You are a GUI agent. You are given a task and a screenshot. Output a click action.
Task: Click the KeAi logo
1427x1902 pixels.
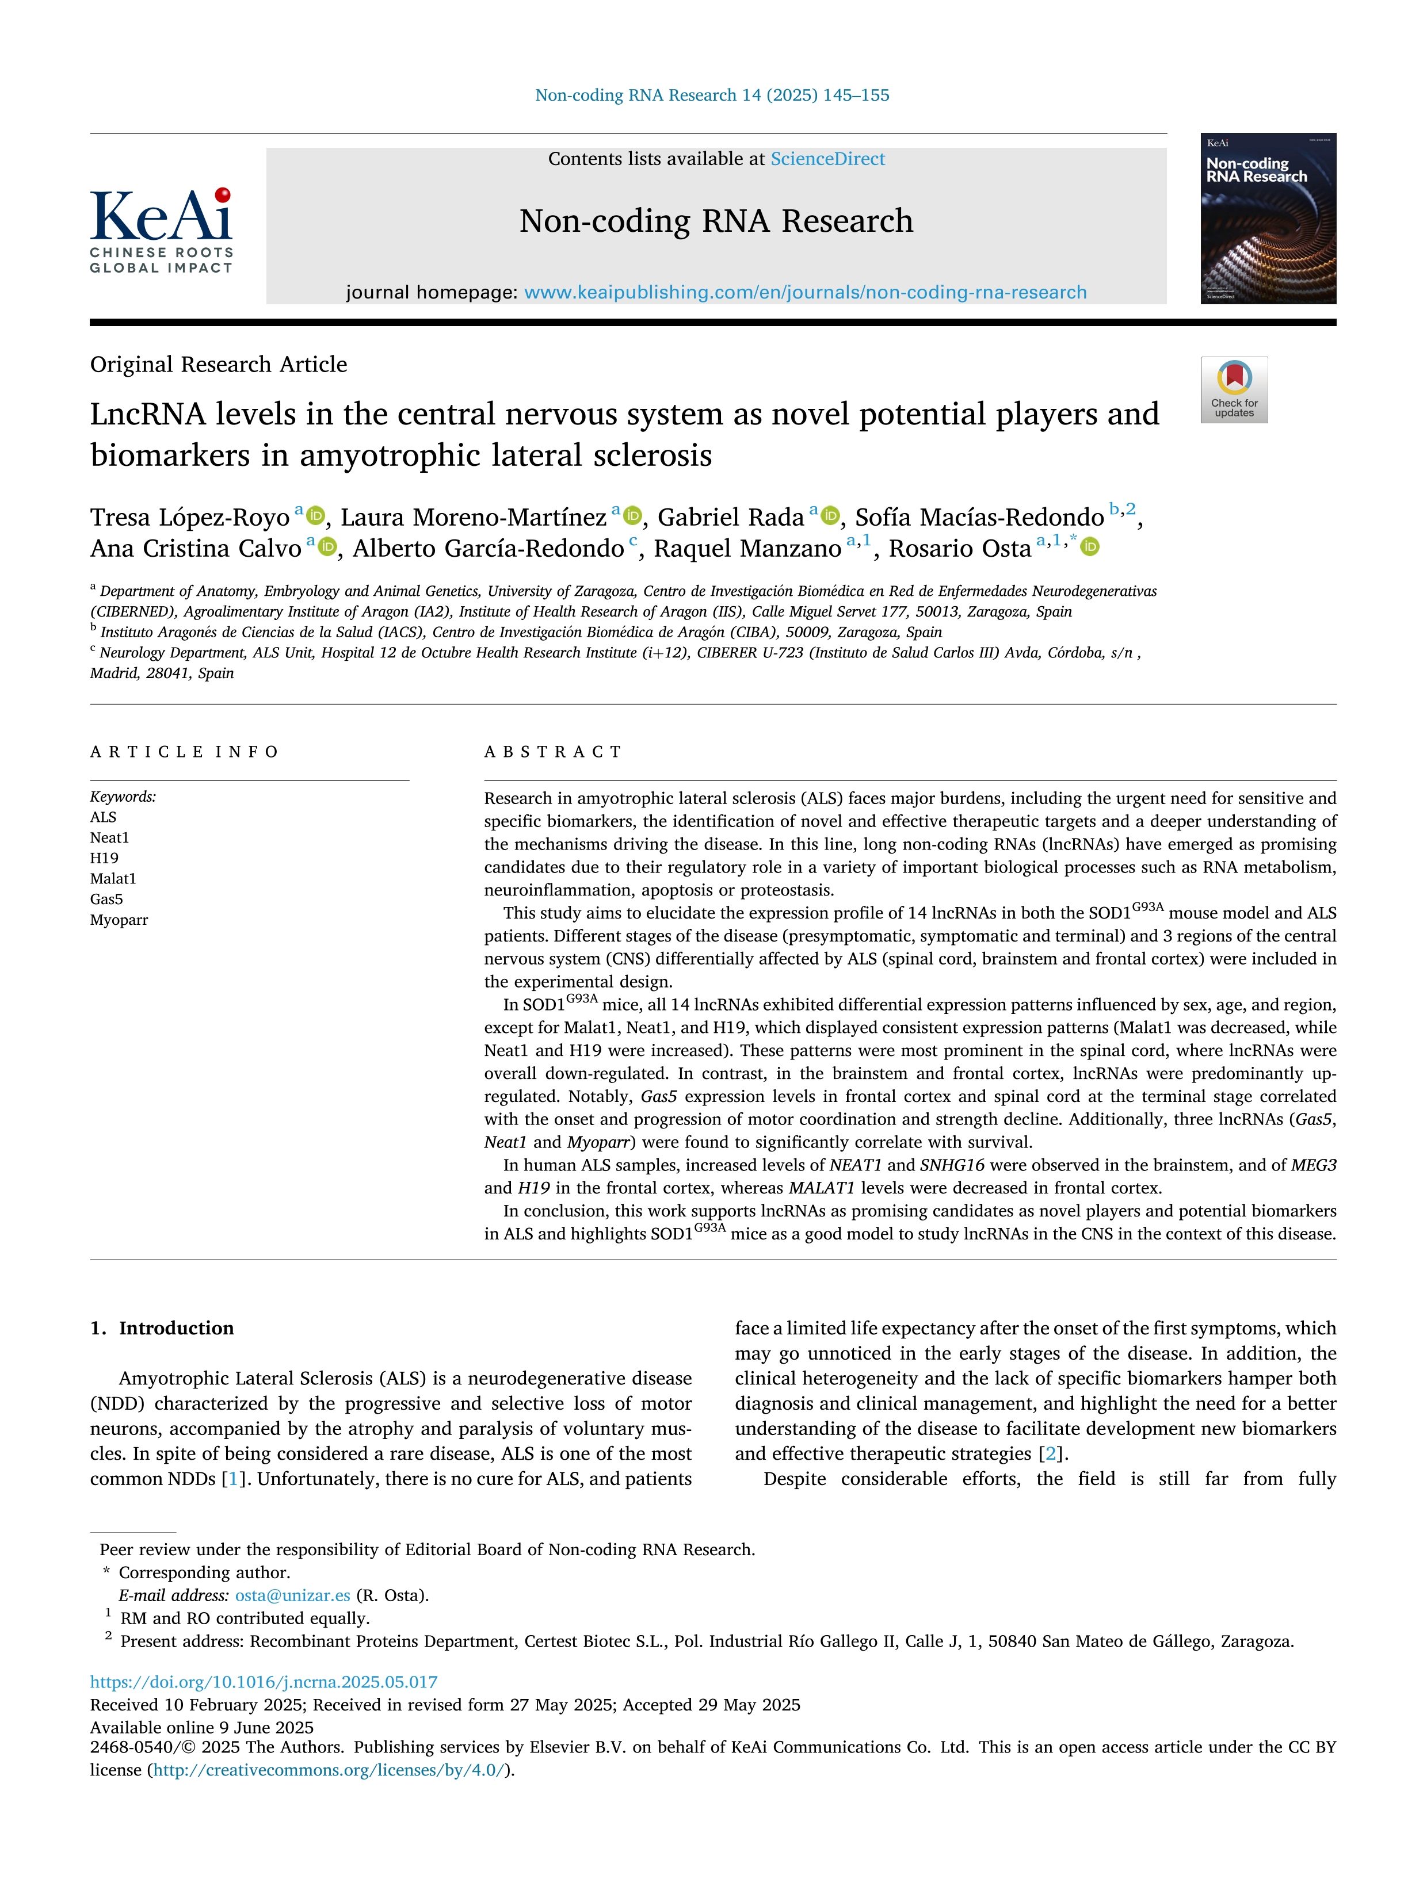(162, 229)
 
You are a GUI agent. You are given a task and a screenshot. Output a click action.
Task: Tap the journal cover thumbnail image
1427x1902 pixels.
(1268, 219)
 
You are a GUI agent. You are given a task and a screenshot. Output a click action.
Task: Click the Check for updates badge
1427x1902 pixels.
(1234, 389)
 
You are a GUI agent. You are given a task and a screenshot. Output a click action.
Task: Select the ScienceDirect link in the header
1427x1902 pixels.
(827, 159)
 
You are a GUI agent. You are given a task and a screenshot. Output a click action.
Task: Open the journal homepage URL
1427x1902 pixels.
(805, 292)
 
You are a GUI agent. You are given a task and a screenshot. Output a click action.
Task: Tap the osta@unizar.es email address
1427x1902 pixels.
(292, 1595)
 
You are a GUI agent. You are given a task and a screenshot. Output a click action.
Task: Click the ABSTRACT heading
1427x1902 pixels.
(553, 752)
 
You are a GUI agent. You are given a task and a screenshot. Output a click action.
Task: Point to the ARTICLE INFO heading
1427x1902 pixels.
(184, 752)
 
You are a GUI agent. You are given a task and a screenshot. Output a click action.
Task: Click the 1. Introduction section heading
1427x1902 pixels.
(162, 1329)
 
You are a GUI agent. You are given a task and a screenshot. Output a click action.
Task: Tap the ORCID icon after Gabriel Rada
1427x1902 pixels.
(830, 516)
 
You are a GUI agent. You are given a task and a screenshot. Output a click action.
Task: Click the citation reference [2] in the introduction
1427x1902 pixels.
(1050, 1454)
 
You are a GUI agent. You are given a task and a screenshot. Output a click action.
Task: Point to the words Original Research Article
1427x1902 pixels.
(219, 365)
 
